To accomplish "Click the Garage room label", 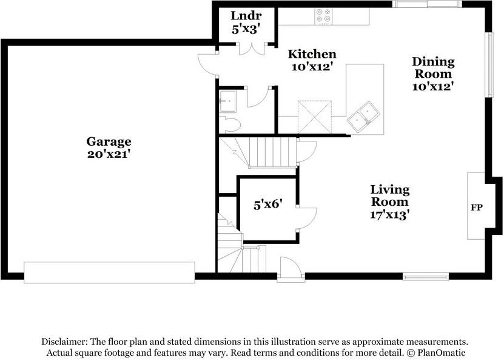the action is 109,142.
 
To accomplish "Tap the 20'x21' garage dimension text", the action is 109,154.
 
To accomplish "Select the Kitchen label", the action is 312,54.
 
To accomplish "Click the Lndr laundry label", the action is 246,15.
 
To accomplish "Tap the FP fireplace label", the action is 477,208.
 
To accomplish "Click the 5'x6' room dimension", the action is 268,205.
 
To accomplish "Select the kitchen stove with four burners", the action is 324,16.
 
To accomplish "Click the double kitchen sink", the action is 363,117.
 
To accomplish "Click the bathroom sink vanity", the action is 227,101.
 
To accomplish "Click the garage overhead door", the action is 109,273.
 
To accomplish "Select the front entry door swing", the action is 291,267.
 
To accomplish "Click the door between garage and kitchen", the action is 207,65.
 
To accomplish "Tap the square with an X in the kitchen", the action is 315,117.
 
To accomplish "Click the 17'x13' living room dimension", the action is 390,214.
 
